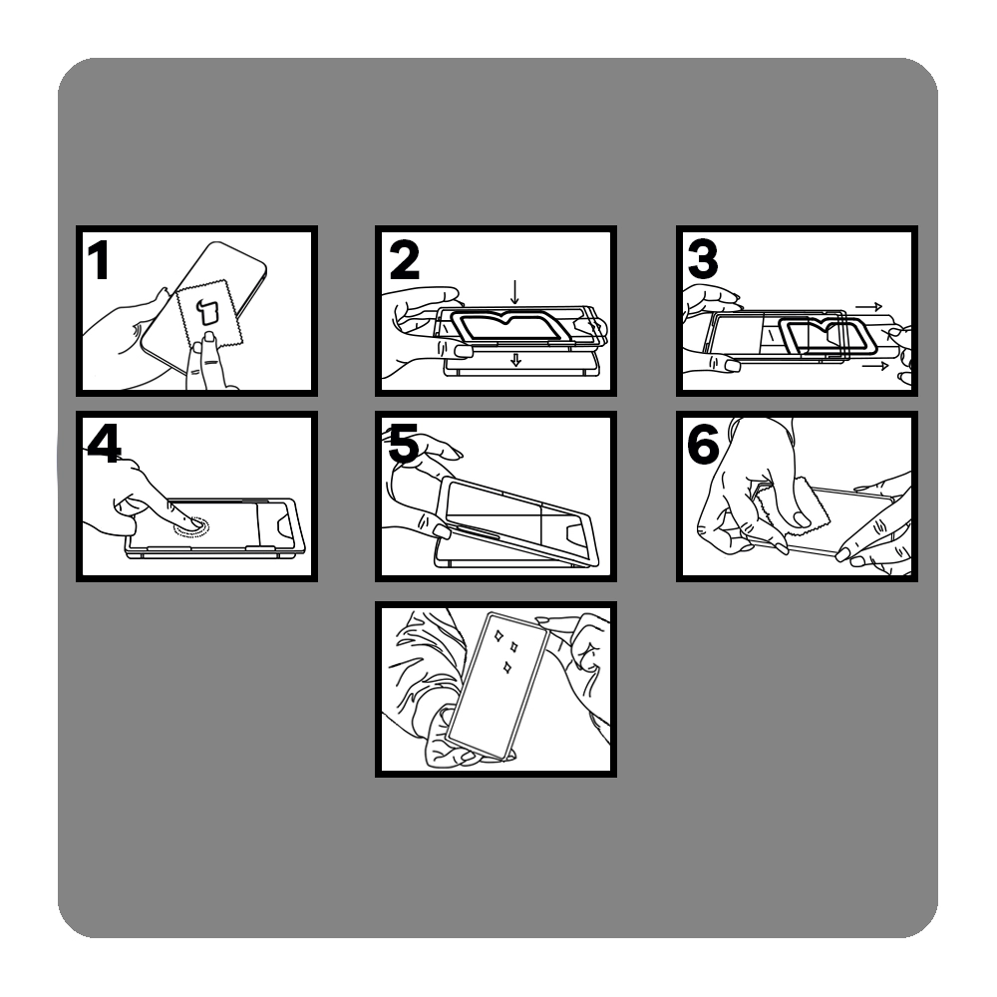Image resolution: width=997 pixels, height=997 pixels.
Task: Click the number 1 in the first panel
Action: pyautogui.click(x=99, y=259)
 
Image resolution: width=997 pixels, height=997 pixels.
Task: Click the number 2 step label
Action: pyautogui.click(x=405, y=259)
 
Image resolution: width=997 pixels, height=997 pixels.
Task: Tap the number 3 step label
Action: pyautogui.click(x=703, y=259)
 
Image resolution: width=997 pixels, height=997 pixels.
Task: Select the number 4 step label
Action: pyautogui.click(x=104, y=444)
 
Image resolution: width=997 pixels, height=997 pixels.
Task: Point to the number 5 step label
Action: pyautogui.click(x=403, y=444)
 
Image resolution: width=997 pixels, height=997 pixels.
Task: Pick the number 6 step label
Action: pyautogui.click(x=703, y=444)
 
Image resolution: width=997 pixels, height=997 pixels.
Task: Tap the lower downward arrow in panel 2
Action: pyautogui.click(x=515, y=360)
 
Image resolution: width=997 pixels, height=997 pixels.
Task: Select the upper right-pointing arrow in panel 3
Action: pyautogui.click(x=868, y=306)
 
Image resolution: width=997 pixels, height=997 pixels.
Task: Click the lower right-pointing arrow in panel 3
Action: pyautogui.click(x=875, y=366)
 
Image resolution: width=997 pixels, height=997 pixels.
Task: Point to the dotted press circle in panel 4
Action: pyautogui.click(x=190, y=525)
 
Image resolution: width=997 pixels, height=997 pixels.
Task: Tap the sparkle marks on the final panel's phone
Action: pyautogui.click(x=506, y=650)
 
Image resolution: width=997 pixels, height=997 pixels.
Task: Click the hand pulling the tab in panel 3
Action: pyautogui.click(x=900, y=354)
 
